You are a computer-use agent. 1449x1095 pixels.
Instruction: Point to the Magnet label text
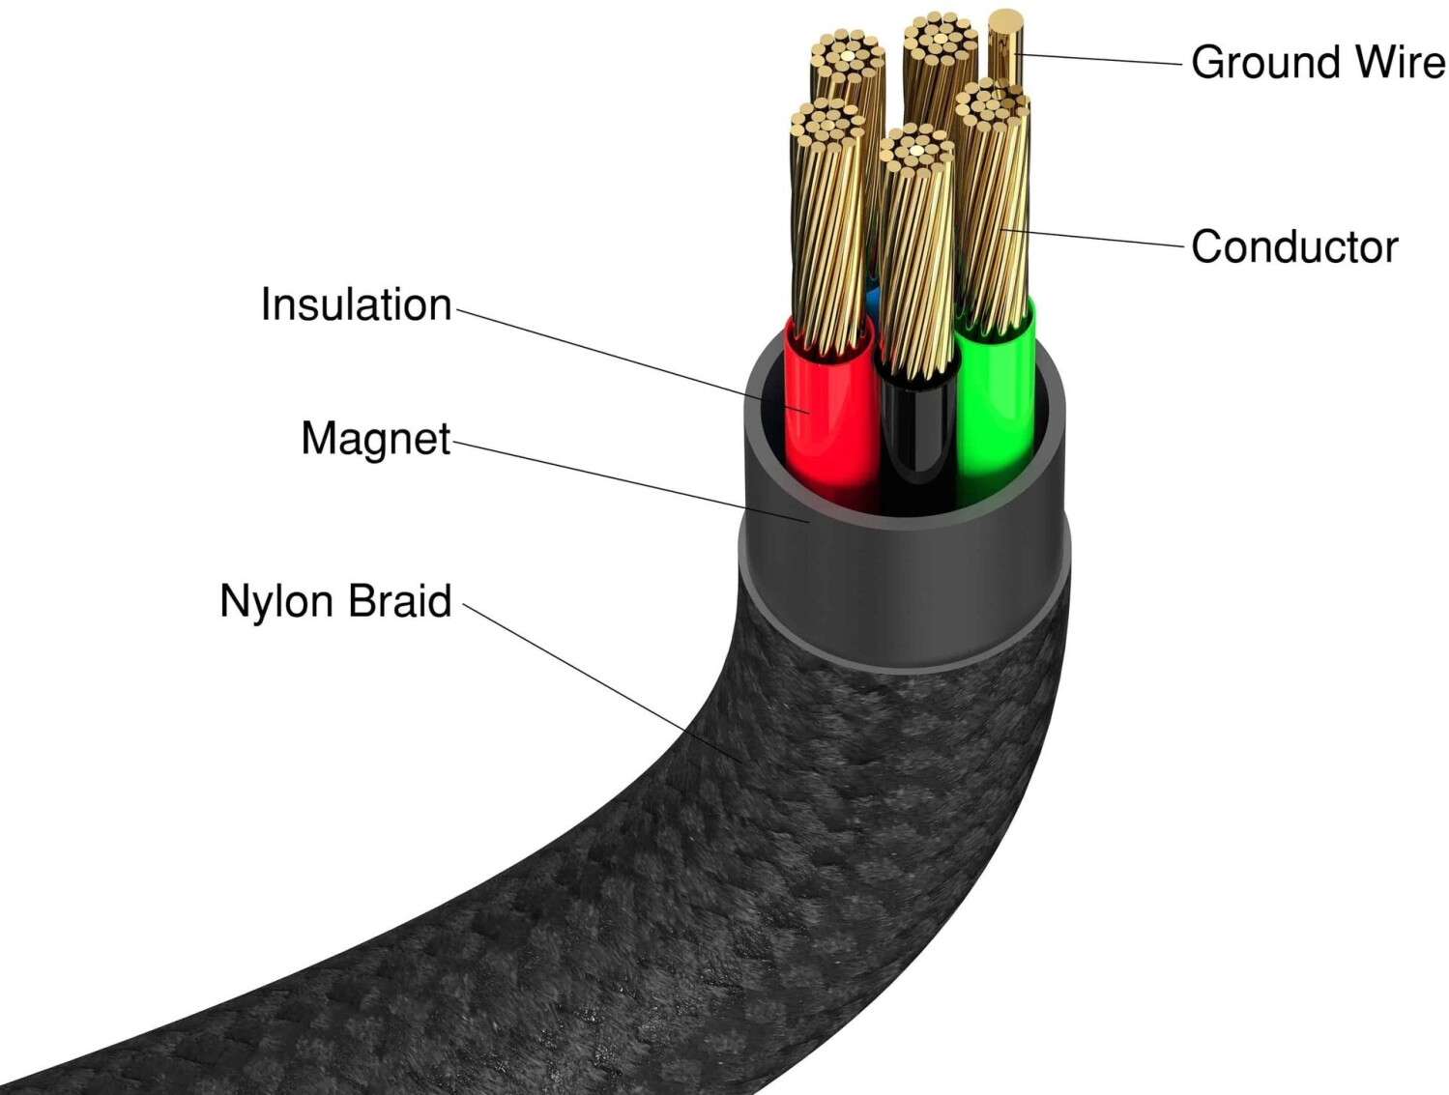click(x=373, y=439)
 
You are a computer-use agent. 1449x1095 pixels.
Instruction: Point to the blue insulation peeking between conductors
click(x=867, y=303)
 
